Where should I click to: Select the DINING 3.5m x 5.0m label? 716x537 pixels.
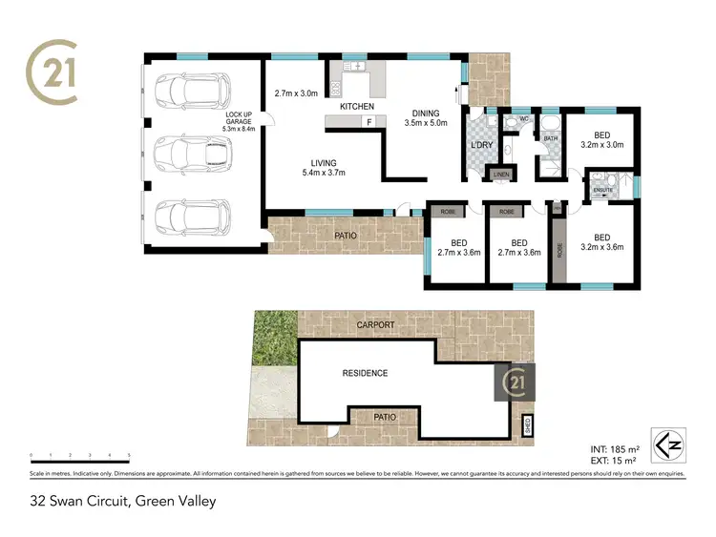click(426, 118)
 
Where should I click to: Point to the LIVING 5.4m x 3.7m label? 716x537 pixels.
click(323, 167)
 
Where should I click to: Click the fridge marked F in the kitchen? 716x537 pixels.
click(369, 121)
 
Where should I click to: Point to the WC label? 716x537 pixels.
click(523, 120)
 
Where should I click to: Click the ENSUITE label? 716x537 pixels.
click(602, 190)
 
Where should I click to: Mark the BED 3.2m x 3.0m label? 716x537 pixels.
click(601, 141)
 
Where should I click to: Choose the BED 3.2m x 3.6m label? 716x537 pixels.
click(601, 243)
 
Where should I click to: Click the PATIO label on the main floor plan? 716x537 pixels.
click(346, 235)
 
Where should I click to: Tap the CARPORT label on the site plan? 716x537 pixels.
click(375, 325)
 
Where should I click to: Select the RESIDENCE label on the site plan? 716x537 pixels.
click(365, 373)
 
